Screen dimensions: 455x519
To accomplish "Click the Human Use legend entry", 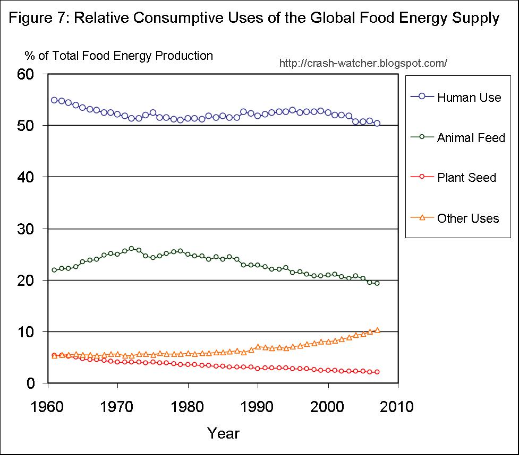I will (469, 98).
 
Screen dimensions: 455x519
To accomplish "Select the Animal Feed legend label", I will (471, 138).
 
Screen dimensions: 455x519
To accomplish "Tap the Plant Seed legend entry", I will (466, 178).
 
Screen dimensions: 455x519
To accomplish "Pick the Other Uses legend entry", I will (467, 218).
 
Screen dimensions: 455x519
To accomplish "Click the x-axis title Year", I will (223, 433).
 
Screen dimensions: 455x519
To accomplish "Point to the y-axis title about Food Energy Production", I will (118, 56).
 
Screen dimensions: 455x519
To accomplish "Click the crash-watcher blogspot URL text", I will (363, 64).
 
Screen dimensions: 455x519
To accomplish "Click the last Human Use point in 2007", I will (377, 123).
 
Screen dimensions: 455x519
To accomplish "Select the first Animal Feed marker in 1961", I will (54, 270).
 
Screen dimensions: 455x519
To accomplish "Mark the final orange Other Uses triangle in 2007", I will (377, 330).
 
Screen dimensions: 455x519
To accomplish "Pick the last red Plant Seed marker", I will (377, 372).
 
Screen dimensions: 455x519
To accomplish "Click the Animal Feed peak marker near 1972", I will (131, 248).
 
